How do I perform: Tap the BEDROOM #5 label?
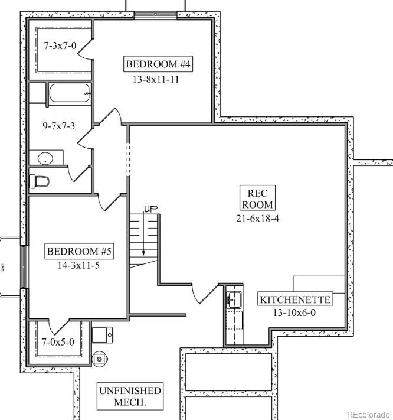[79, 252]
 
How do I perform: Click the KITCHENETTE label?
[295, 299]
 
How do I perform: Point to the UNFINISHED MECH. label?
[130, 396]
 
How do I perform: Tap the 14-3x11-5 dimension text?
[79, 265]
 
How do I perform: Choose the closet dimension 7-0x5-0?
[57, 341]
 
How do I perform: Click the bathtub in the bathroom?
[69, 93]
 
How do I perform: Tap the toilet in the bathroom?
[40, 181]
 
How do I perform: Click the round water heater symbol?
[100, 358]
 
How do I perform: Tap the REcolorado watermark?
[368, 414]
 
